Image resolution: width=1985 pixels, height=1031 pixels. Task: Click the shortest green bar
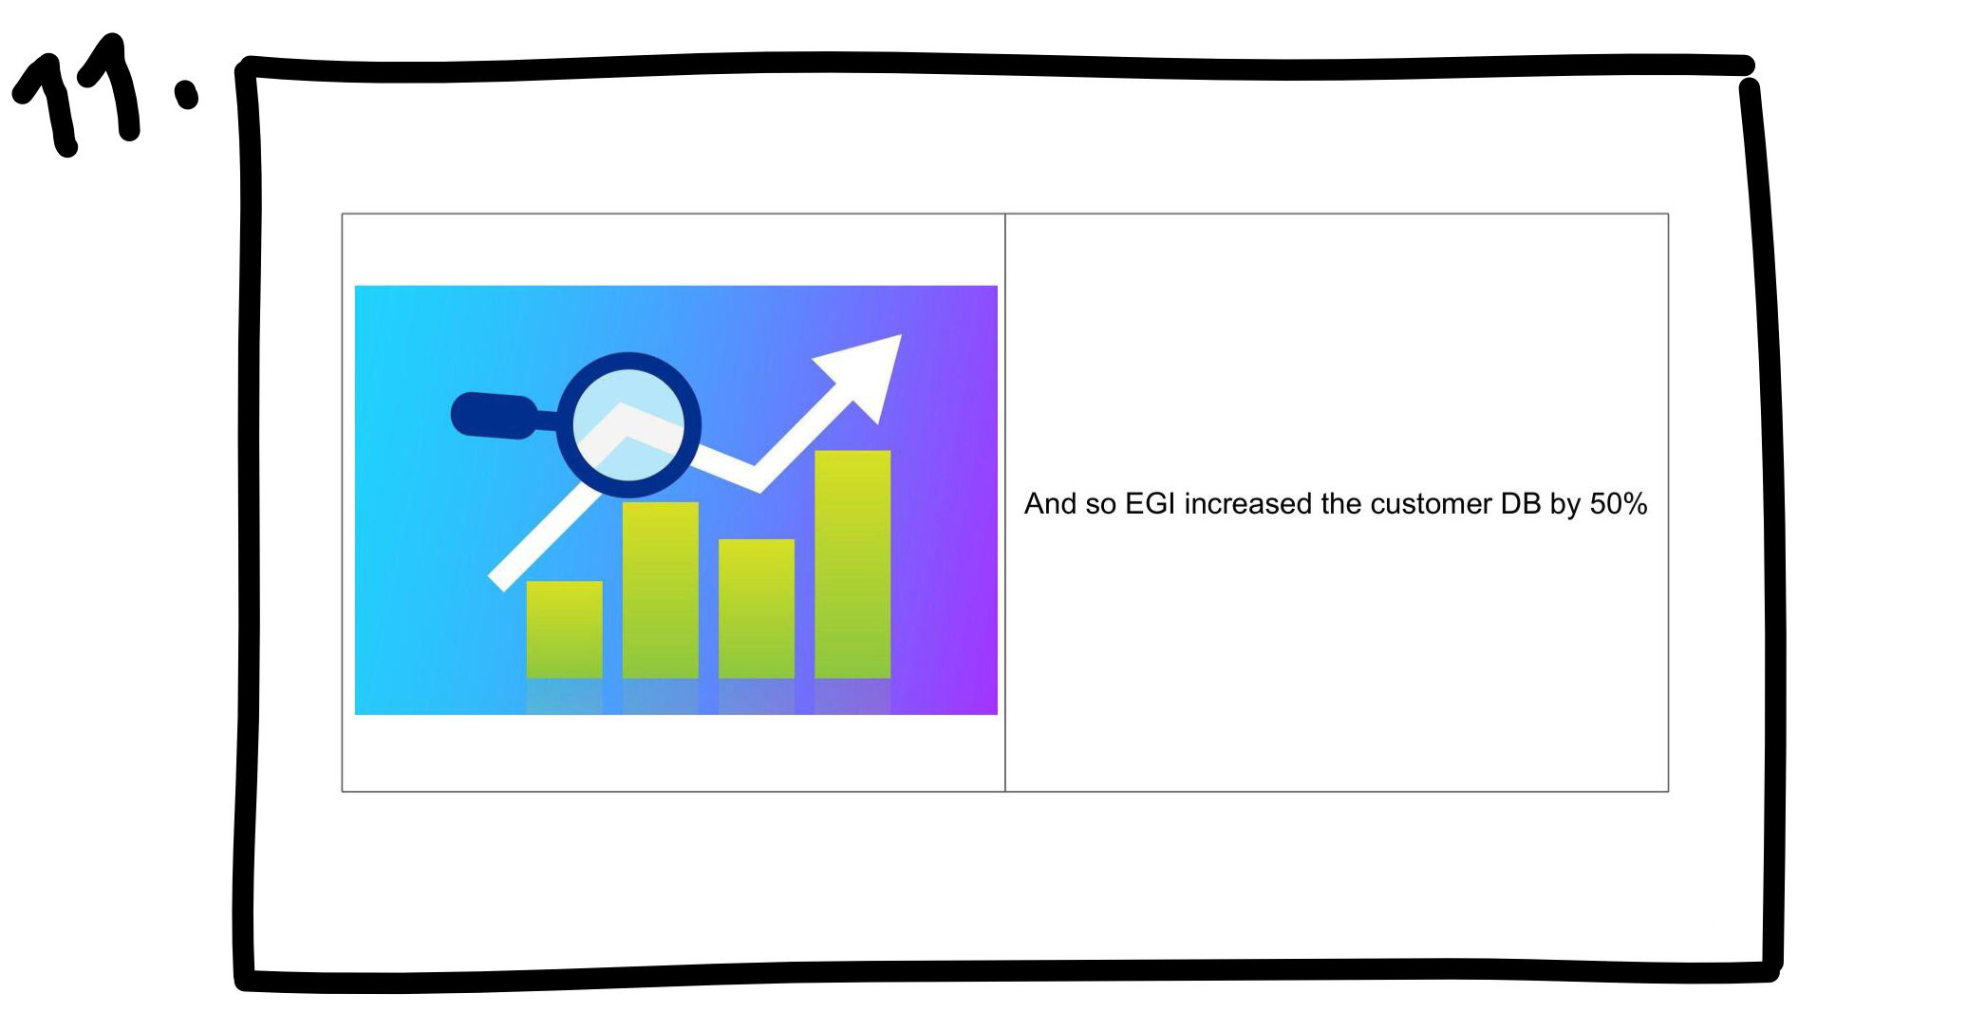click(564, 629)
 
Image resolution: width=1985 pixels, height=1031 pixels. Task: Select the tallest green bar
click(852, 564)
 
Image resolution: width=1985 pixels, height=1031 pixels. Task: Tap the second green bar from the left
click(660, 590)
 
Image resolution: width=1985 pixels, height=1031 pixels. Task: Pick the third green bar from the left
click(756, 609)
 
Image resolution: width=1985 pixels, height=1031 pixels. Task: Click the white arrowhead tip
click(900, 335)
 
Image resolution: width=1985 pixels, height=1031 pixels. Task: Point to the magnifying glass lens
click(627, 424)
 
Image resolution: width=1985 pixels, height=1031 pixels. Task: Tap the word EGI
click(1150, 503)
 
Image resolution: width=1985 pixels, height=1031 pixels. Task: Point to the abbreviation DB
click(1521, 503)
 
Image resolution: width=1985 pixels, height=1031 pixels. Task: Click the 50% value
click(1619, 503)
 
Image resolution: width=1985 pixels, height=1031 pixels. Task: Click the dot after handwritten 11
click(186, 94)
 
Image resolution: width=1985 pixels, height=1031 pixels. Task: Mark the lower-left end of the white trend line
click(496, 582)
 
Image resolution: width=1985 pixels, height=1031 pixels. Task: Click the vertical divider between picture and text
click(1004, 502)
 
